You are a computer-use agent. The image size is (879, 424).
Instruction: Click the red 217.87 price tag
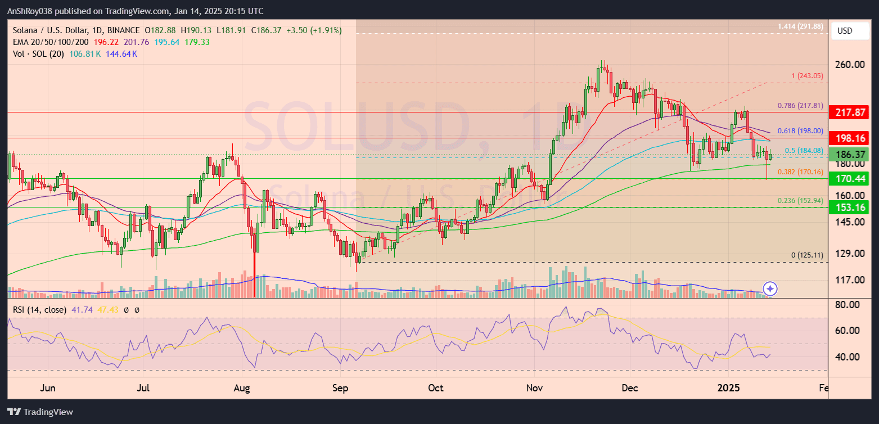click(852, 112)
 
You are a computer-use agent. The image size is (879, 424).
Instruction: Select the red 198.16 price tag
click(852, 138)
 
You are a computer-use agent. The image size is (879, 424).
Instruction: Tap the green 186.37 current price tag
click(852, 155)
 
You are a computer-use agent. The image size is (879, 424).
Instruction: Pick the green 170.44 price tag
click(852, 179)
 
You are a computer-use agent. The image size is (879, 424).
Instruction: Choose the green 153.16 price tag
click(852, 208)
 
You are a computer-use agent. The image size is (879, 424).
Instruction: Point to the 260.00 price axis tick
click(850, 65)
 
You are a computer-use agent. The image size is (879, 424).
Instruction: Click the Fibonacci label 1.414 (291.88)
click(800, 26)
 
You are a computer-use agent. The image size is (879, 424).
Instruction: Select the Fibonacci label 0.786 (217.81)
click(800, 105)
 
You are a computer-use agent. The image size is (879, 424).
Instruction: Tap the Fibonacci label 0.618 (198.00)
click(800, 130)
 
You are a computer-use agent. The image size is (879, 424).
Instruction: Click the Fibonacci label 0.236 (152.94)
click(800, 200)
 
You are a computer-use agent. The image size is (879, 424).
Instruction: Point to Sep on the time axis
click(340, 388)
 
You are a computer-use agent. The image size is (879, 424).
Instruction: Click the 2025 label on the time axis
click(730, 388)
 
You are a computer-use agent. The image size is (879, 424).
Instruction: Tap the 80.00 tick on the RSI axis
click(850, 305)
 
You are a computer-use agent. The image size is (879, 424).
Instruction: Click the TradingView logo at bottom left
click(40, 412)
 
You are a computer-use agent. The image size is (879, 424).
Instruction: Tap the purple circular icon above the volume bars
click(770, 289)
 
